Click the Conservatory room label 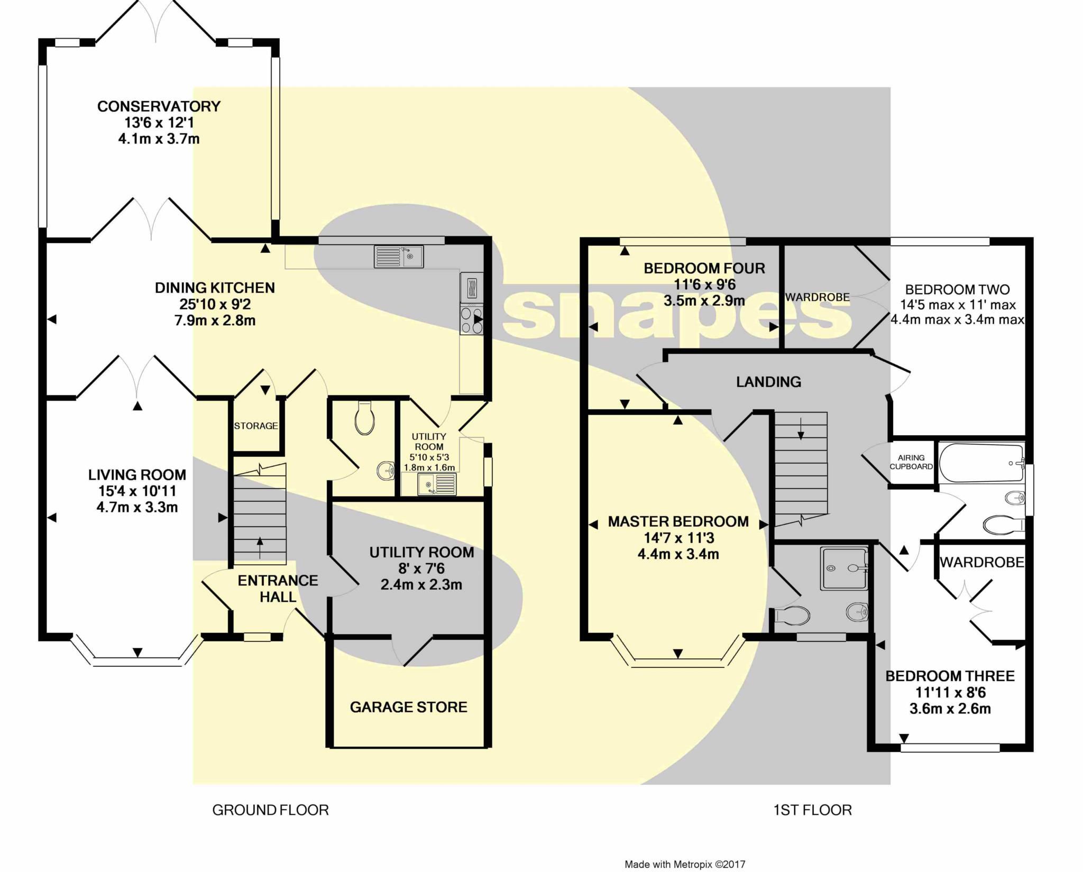[159, 106]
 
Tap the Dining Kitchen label [215, 288]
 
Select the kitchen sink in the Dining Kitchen [399, 256]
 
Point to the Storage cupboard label [256, 426]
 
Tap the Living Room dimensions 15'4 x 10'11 [137, 491]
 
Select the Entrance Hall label [278, 589]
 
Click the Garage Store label [409, 707]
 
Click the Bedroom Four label [704, 268]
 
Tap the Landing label [768, 381]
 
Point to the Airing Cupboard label [911, 462]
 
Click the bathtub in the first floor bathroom [981, 463]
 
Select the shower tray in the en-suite [844, 568]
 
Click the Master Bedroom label [678, 521]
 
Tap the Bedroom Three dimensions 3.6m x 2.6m [950, 709]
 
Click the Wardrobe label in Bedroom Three [982, 562]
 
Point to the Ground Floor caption [270, 810]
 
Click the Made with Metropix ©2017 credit [685, 865]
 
